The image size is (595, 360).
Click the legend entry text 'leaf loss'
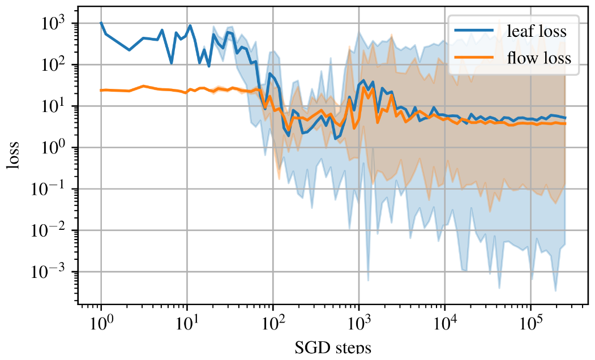point(537,31)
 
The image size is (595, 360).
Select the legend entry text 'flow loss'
point(540,58)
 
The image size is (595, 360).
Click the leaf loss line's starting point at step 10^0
point(101,23)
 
